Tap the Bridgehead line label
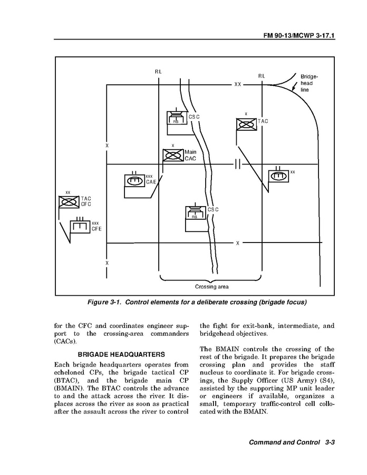309,83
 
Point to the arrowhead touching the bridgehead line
294,90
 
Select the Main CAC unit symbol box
173,156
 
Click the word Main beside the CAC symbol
190,152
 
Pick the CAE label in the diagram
151,182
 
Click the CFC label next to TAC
86,204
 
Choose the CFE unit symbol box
80,227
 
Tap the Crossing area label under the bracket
211,287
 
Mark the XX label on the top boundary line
238,84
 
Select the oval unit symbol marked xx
278,175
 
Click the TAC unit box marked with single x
246,124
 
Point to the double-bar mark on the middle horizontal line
237,164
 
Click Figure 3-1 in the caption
106,303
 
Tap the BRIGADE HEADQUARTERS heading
114,354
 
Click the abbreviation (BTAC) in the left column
66,380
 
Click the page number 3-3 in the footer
331,442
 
